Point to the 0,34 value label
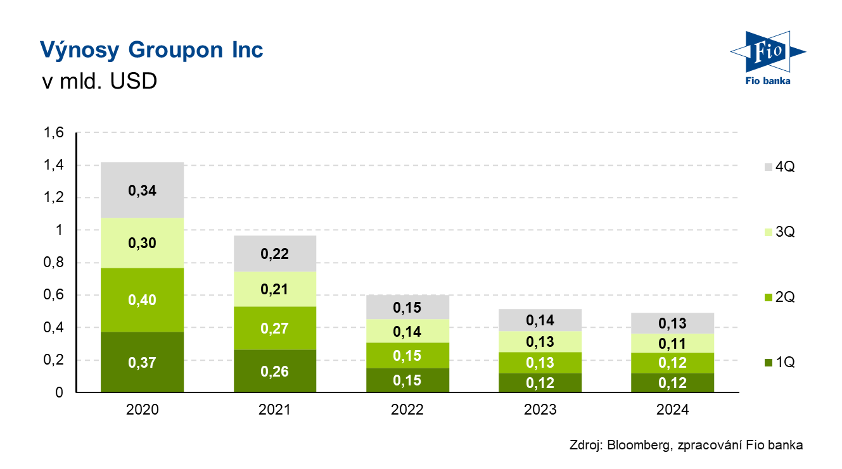pyautogui.click(x=143, y=191)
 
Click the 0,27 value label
pyautogui.click(x=275, y=328)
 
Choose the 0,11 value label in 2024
pyautogui.click(x=673, y=344)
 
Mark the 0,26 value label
pyautogui.click(x=275, y=372)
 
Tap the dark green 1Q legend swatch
pyautogui.click(x=769, y=363)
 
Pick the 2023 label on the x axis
pyautogui.click(x=540, y=410)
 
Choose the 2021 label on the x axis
pyautogui.click(x=275, y=410)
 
